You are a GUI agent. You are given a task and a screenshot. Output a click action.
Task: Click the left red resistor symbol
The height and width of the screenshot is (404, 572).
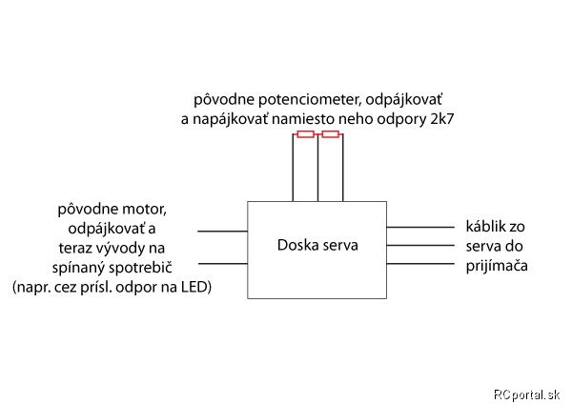coord(306,134)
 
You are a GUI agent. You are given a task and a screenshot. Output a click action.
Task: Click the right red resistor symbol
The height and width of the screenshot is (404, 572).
coord(331,134)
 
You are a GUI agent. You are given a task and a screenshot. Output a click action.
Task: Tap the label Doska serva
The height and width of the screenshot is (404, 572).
coord(317,245)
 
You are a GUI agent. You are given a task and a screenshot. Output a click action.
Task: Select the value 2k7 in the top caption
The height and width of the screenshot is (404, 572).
coord(441,119)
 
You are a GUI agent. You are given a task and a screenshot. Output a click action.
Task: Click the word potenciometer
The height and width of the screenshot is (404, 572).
coord(310,100)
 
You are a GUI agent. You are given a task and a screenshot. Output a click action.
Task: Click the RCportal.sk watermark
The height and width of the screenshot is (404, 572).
coord(526,394)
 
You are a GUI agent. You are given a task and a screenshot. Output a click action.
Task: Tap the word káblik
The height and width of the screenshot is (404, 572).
coord(485,227)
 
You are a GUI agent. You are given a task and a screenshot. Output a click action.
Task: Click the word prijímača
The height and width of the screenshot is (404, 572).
coord(497,266)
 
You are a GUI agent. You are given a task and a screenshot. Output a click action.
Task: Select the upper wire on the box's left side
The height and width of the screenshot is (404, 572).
coord(222,232)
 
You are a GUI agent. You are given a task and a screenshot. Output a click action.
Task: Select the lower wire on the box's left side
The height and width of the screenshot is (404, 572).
coord(222,263)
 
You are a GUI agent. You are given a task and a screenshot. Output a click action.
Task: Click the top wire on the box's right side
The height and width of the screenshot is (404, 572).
coord(420,227)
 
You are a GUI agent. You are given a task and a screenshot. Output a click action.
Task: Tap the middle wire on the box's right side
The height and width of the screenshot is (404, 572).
coord(420,245)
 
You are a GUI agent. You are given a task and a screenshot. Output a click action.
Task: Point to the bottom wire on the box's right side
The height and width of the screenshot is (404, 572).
coord(420,263)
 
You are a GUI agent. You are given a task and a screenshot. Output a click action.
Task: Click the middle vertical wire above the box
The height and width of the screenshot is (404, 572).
coord(317,168)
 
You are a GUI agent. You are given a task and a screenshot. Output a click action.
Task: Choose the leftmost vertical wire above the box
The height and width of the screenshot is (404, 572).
coord(293,168)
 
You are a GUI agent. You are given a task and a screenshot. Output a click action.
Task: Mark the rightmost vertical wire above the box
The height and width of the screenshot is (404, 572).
coord(343,168)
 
